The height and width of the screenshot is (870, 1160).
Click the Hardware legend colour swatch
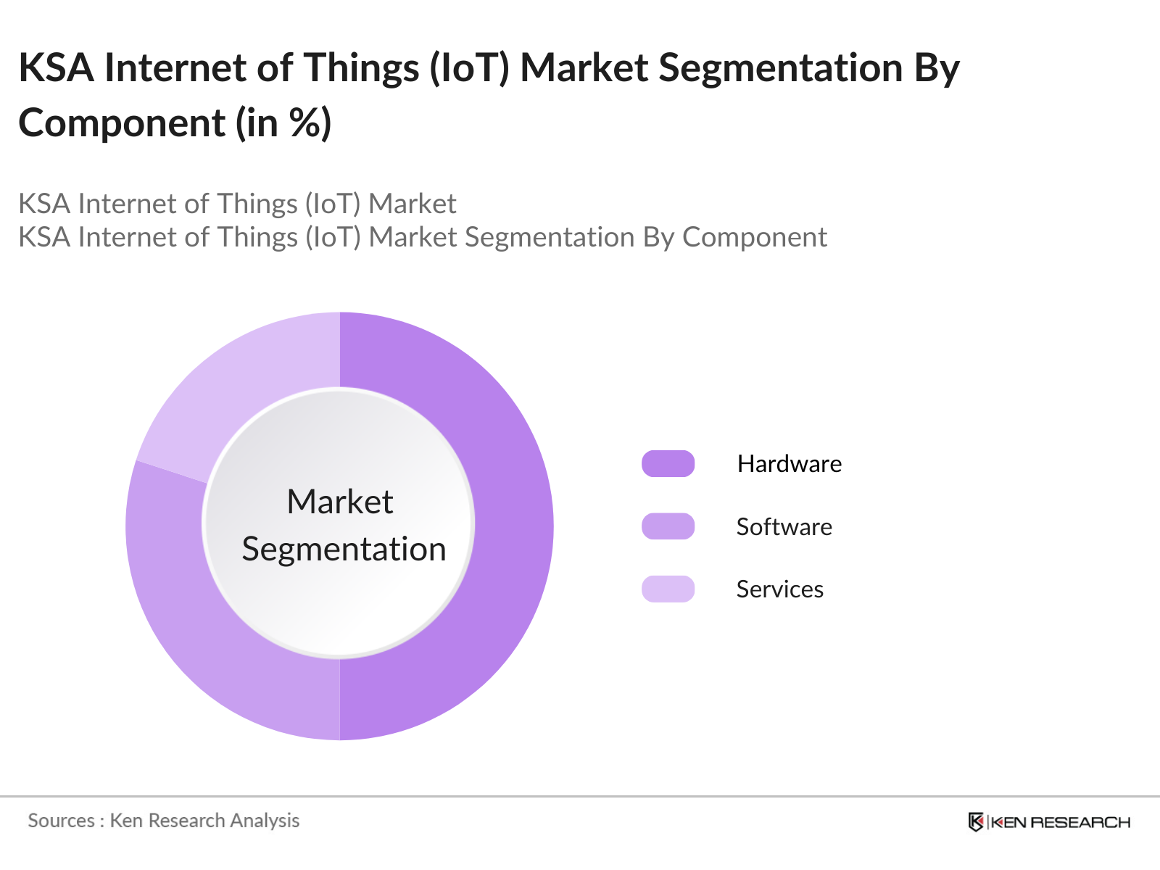point(668,464)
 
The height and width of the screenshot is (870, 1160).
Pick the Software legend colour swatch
point(668,526)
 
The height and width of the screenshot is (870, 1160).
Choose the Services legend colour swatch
point(668,589)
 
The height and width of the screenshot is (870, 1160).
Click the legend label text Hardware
point(789,464)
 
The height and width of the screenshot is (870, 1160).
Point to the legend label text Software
point(784,527)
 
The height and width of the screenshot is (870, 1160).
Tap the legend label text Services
point(779,589)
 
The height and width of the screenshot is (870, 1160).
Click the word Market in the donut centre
point(339,502)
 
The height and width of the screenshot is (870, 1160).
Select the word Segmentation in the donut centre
point(344,549)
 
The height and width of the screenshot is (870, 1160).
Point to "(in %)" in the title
point(283,123)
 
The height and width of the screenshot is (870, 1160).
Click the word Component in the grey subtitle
point(754,238)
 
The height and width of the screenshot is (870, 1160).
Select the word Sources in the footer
point(61,821)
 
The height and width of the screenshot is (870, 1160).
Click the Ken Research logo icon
point(976,822)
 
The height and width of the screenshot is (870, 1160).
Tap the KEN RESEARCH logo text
point(1059,822)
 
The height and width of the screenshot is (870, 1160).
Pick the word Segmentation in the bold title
point(781,68)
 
